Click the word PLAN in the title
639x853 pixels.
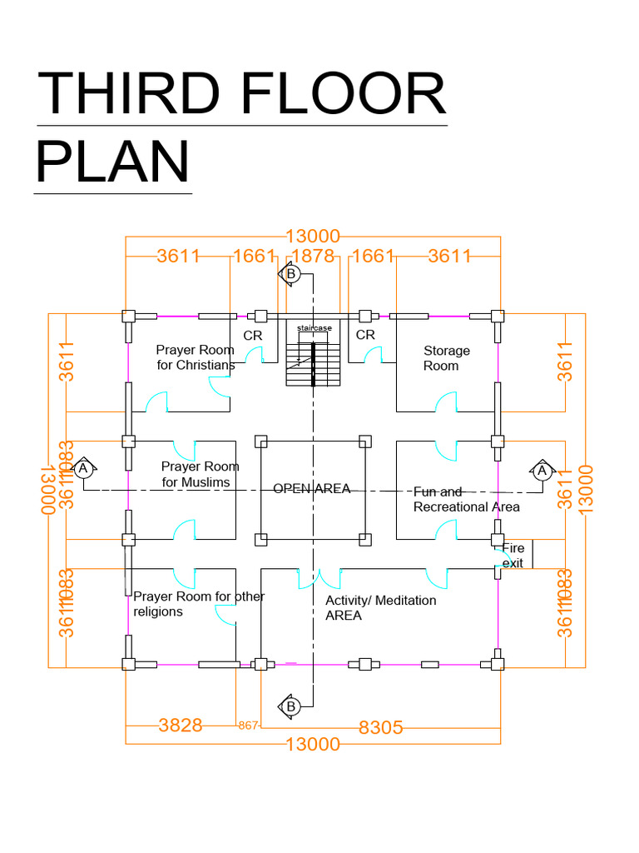click(x=112, y=162)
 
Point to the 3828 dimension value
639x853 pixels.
click(x=181, y=726)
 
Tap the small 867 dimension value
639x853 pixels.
click(x=249, y=726)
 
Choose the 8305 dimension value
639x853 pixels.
click(x=380, y=727)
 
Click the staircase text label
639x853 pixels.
click(x=314, y=328)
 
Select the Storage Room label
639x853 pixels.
click(x=446, y=358)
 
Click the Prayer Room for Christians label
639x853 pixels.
click(x=196, y=358)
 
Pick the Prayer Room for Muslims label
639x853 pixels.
click(x=200, y=474)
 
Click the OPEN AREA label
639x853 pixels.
click(x=312, y=489)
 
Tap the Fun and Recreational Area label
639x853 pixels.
click(x=466, y=500)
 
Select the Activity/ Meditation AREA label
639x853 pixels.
click(x=380, y=607)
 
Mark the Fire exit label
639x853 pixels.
click(x=513, y=556)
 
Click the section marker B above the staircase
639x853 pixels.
click(x=290, y=274)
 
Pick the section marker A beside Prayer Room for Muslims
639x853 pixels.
click(x=82, y=469)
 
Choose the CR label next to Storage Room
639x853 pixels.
click(x=365, y=335)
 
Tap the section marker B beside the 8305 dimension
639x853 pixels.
click(x=290, y=706)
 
